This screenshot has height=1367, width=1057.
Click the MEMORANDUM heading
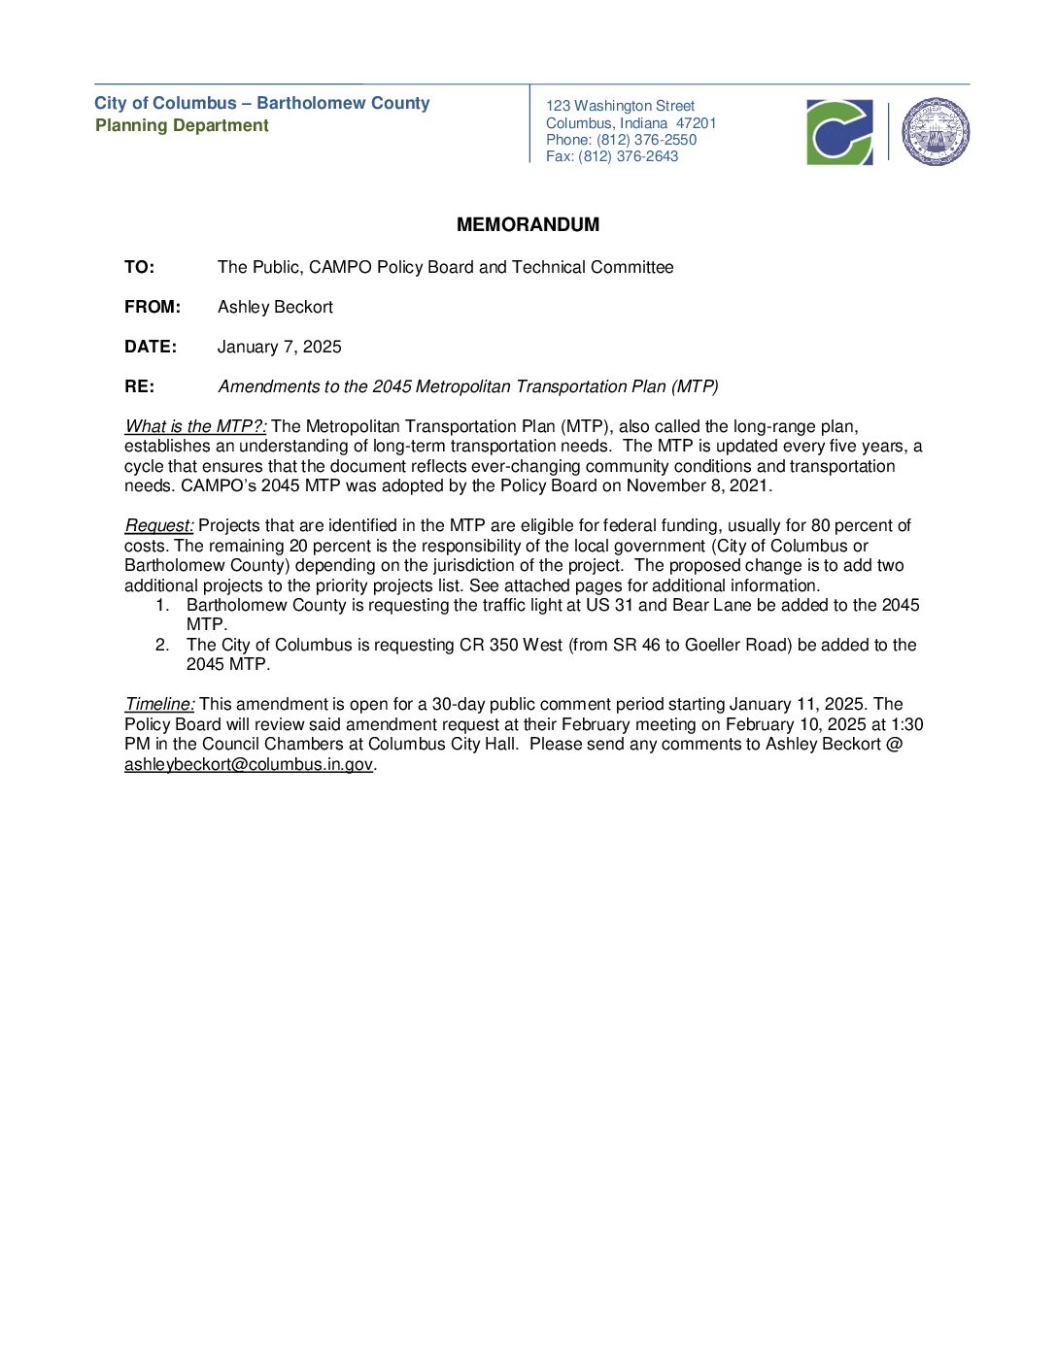click(528, 225)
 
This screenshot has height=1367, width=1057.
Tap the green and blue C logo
click(839, 132)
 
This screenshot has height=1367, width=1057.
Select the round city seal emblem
click(936, 132)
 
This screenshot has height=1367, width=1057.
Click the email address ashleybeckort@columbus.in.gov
click(249, 765)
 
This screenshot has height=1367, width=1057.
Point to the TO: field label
click(139, 268)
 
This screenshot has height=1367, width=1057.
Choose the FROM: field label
click(153, 308)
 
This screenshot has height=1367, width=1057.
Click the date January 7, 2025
click(279, 348)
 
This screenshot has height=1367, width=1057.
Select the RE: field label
click(139, 387)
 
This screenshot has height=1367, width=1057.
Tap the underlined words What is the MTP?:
click(195, 427)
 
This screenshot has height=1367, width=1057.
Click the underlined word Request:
click(159, 526)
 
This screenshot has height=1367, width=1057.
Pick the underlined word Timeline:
click(159, 705)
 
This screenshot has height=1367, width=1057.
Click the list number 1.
click(162, 606)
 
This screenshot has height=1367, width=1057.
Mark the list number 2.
click(162, 646)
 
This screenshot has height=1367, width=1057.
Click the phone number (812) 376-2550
click(646, 140)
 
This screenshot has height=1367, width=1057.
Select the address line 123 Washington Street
click(620, 106)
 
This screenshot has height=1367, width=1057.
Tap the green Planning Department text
click(182, 126)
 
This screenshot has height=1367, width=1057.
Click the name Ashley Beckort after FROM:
click(275, 308)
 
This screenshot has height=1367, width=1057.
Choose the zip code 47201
click(696, 123)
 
